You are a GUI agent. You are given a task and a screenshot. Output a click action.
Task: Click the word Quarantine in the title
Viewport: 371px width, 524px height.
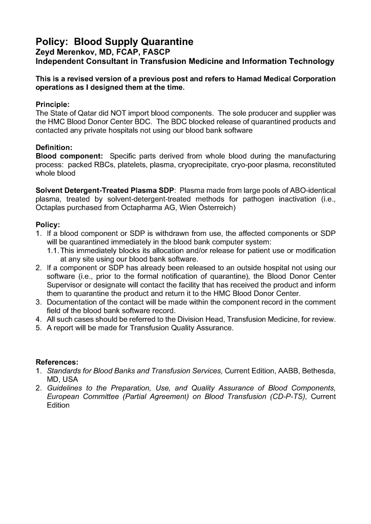point(162,42)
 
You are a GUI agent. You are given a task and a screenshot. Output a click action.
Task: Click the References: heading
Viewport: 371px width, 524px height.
point(57,362)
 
